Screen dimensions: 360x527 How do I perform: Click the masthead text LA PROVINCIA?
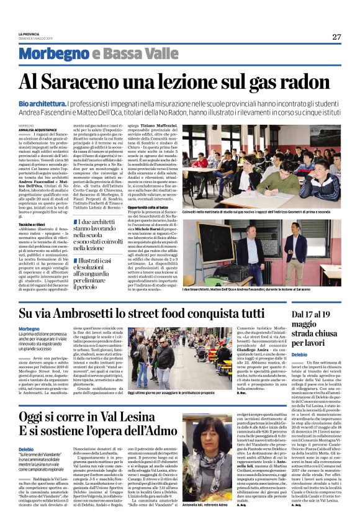click(x=30, y=34)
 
